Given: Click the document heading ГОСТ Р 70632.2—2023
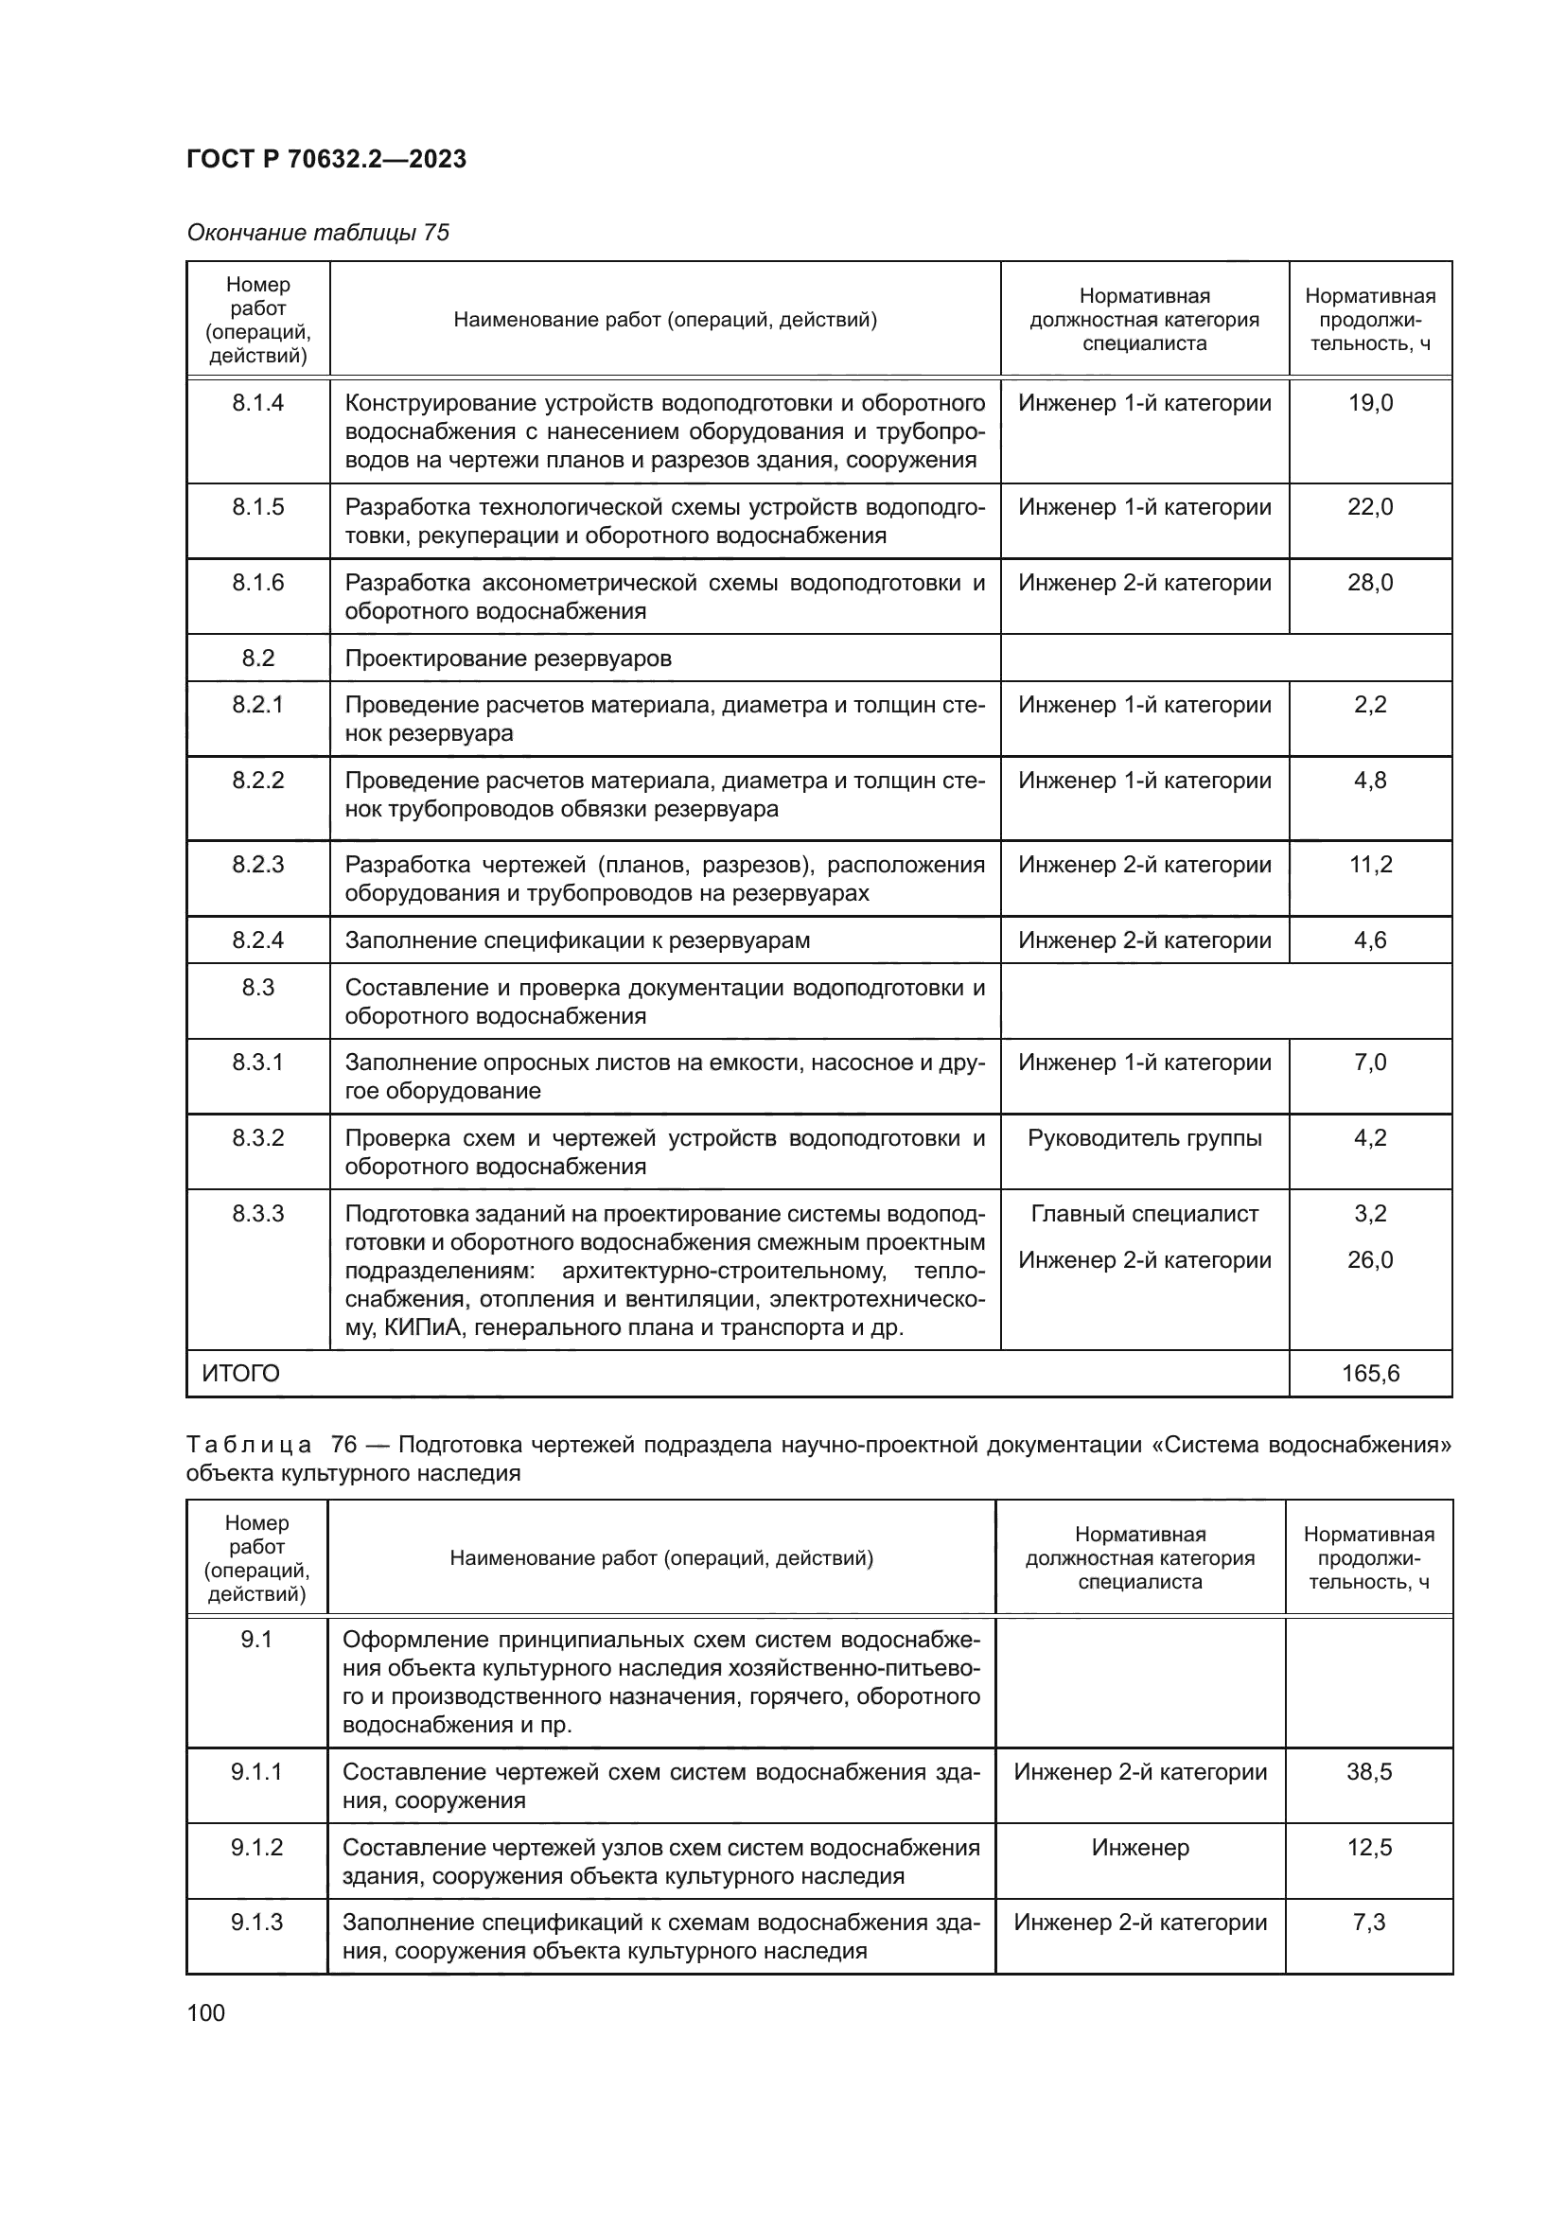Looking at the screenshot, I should (325, 159).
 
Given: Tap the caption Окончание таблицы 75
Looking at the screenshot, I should (318, 233).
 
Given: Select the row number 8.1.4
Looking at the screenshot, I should (257, 403).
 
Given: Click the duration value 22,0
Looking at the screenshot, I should (1369, 507).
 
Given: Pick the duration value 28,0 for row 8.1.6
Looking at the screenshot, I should (1369, 582).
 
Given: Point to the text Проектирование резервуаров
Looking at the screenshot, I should (508, 659).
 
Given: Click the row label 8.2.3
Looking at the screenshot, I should (257, 865).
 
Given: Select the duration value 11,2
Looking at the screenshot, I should (1369, 865).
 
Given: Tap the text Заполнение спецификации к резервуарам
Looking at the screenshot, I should (577, 940).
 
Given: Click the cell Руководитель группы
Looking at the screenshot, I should (1144, 1138).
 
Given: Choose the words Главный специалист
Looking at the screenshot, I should (1144, 1214).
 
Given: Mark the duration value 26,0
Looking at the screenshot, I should (1369, 1259).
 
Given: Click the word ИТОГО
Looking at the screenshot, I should (241, 1374).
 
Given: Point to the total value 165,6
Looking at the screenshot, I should (1369, 1374).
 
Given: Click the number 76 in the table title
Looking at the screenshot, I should (344, 1445).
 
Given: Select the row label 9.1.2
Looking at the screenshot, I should (256, 1847).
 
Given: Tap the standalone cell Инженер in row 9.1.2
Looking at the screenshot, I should (1140, 1847).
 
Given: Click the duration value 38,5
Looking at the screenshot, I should (1368, 1771).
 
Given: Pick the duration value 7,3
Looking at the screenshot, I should (1368, 1922).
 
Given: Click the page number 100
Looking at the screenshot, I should (205, 2012).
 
